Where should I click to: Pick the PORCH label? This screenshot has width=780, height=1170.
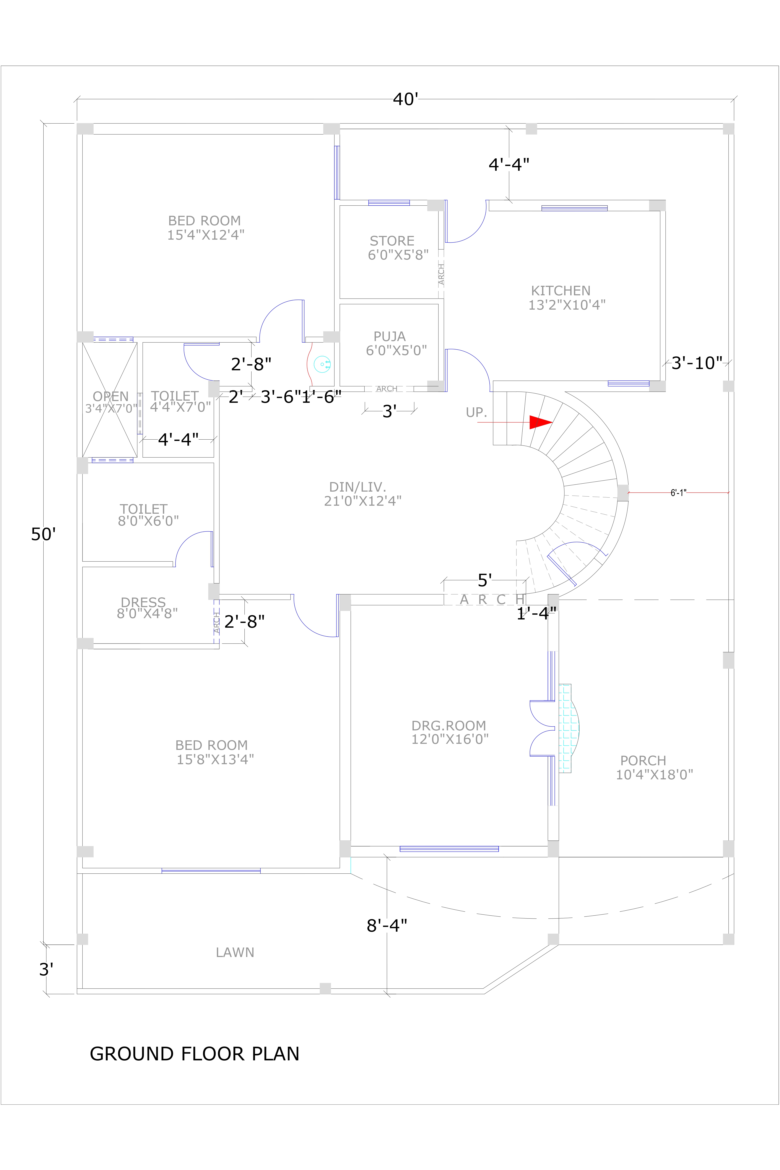[643, 760]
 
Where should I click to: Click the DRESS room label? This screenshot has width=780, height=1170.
[143, 602]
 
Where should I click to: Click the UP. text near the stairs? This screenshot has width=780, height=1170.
[476, 412]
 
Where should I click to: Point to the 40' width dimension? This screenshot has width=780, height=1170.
[405, 99]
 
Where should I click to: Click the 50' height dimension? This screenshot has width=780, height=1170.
[43, 534]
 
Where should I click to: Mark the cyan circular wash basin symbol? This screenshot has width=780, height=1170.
[322, 364]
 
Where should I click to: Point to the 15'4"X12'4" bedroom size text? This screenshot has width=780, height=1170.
[205, 235]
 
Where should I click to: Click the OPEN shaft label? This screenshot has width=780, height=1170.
[110, 396]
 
